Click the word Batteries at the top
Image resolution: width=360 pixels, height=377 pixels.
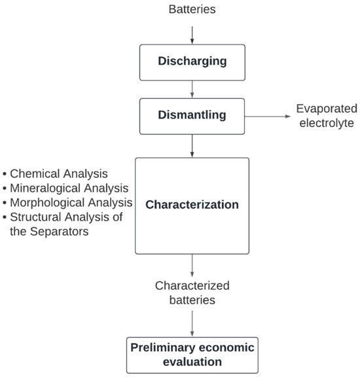click(x=191, y=10)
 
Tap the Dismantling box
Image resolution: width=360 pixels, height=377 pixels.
click(x=191, y=115)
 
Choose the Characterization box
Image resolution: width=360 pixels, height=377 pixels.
click(x=191, y=205)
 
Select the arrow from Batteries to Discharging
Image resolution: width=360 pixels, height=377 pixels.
click(x=191, y=33)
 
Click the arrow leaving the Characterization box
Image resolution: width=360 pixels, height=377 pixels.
click(x=191, y=265)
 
